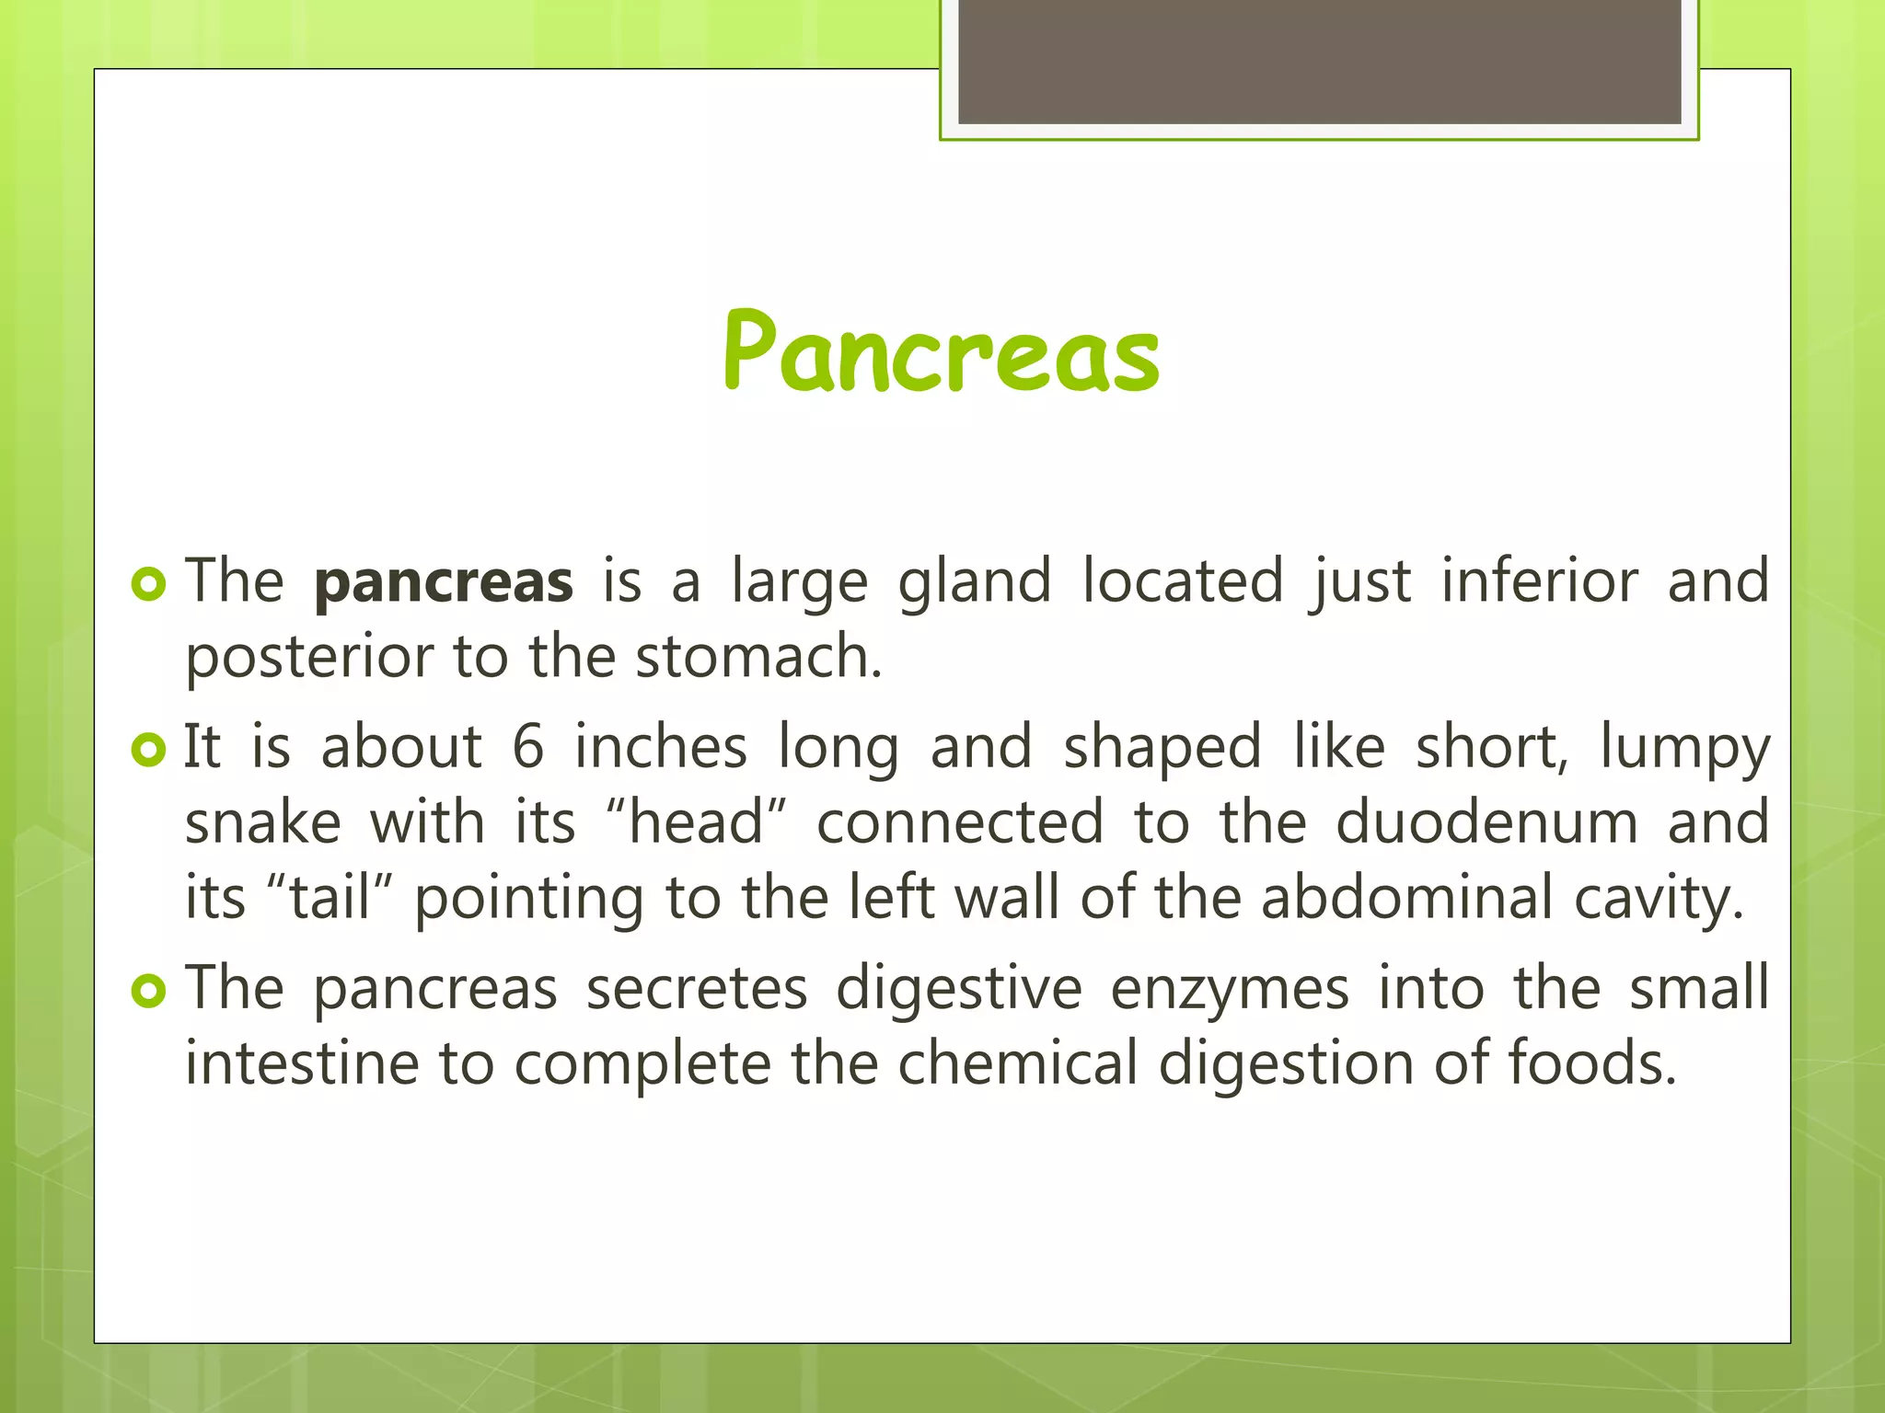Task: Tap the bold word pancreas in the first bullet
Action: [444, 582]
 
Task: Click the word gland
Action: [974, 582]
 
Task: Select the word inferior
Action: [1540, 582]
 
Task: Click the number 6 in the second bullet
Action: [528, 746]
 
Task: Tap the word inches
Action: [661, 746]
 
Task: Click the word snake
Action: [262, 821]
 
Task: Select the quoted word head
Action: [697, 821]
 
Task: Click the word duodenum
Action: [1486, 821]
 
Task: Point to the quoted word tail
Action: [330, 897]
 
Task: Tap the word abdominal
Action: [1407, 897]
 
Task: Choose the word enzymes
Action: [1230, 990]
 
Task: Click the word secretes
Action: [697, 989]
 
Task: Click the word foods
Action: [1591, 1063]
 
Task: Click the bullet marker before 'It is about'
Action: [148, 750]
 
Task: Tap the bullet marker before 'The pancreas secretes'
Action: [148, 991]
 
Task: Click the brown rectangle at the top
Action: [1319, 63]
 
